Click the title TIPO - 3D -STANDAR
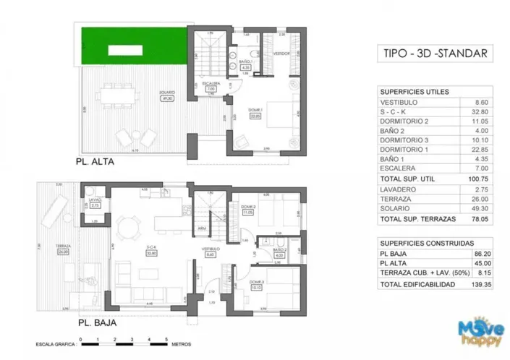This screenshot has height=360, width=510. [x=428, y=53]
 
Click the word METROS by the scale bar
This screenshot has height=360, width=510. [x=185, y=346]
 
